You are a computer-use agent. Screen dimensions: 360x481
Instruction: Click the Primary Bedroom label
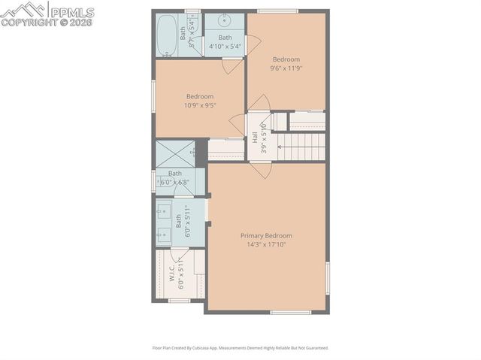click(266, 235)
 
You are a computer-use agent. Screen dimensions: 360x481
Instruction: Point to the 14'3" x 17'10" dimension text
click(266, 244)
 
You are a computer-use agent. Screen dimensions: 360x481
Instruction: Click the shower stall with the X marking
click(174, 153)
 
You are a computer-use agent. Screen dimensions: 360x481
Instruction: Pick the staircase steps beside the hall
click(301, 145)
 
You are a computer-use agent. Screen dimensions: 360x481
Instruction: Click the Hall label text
click(255, 138)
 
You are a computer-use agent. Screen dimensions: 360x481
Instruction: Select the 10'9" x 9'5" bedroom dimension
click(199, 105)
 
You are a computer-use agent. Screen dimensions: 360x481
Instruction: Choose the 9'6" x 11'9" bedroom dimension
click(286, 68)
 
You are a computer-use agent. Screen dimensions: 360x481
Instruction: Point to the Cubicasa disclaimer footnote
click(240, 348)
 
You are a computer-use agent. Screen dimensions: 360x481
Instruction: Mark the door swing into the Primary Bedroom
click(262, 170)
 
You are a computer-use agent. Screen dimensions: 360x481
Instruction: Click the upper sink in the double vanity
click(163, 212)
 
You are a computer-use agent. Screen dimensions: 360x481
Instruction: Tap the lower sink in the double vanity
click(163, 234)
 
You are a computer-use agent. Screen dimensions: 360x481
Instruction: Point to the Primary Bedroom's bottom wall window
click(290, 312)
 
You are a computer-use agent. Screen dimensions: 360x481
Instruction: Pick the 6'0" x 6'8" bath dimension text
click(175, 183)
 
